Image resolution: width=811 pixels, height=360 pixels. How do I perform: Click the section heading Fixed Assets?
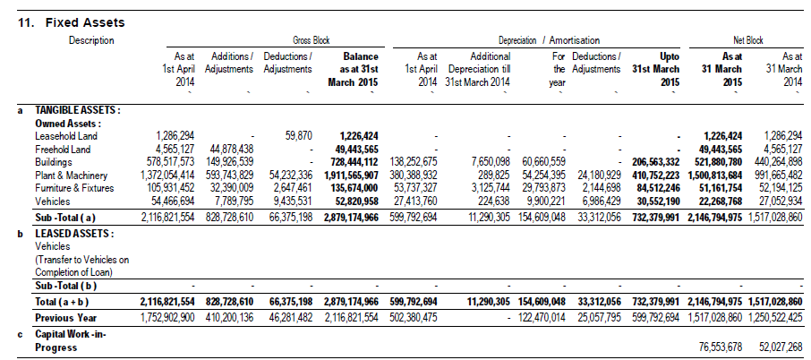[85, 22]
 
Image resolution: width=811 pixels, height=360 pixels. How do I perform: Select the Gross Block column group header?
[311, 40]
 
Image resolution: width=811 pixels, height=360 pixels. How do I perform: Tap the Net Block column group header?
[748, 40]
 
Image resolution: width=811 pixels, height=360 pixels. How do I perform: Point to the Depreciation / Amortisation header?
[549, 40]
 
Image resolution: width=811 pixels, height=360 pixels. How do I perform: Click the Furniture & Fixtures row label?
[74, 188]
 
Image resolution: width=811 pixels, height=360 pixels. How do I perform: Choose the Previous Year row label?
[65, 318]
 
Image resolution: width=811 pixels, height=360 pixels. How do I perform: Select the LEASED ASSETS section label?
[74, 234]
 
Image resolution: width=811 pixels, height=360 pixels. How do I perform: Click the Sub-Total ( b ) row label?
[65, 286]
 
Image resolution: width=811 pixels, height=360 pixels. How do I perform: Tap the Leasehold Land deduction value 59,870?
[298, 136]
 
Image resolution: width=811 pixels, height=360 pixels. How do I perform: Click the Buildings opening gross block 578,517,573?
[167, 162]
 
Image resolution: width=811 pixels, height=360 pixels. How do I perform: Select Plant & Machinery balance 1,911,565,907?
[351, 176]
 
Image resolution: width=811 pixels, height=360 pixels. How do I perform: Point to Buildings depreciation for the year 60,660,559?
[543, 162]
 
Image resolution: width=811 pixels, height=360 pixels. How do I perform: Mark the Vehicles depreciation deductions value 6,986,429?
[599, 201]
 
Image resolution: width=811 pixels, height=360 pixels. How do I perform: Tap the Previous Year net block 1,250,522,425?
[775, 318]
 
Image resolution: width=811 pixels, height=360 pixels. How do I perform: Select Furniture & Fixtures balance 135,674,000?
[354, 188]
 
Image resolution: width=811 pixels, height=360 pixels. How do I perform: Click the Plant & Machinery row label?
[71, 176]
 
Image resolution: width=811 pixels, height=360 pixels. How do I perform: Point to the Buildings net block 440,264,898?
[779, 162]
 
